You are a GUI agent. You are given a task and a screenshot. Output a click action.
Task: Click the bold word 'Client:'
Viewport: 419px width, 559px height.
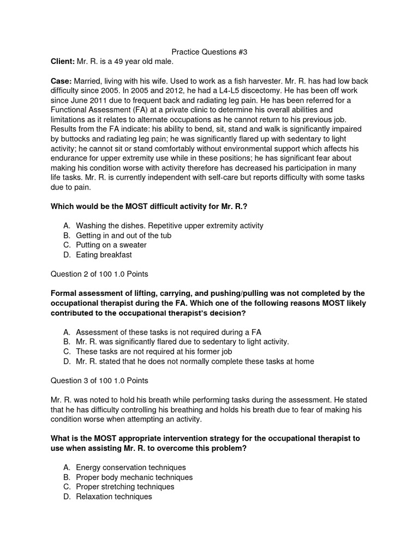tap(63, 62)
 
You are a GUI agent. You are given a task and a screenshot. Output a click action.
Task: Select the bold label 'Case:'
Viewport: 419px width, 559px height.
tap(61, 80)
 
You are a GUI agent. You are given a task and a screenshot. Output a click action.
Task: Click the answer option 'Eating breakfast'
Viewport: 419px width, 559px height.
tap(104, 255)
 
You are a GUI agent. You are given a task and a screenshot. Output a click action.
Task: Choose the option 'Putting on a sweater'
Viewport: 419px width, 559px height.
tap(111, 245)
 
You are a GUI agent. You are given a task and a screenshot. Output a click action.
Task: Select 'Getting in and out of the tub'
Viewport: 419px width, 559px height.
tap(123, 235)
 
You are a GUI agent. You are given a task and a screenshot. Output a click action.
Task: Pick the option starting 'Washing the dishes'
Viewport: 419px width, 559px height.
tap(169, 225)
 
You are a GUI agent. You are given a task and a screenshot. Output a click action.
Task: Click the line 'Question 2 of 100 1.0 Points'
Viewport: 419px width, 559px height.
tap(99, 273)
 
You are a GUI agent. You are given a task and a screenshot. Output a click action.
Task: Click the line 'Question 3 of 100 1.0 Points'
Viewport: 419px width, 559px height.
tap(99, 380)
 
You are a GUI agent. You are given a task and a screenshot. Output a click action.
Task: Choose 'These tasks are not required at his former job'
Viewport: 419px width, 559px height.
tap(162, 352)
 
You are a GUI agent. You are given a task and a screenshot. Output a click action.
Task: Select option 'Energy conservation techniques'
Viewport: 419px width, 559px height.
tap(131, 468)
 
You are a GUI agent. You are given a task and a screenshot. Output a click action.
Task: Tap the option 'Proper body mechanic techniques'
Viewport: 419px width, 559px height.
tap(134, 478)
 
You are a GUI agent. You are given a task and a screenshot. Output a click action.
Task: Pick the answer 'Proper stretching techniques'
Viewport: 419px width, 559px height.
tap(125, 487)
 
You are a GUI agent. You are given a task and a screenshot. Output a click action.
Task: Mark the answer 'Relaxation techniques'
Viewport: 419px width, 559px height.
tap(113, 497)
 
